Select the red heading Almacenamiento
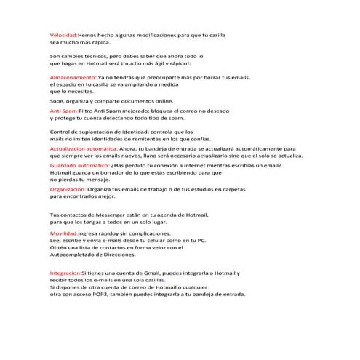(x=72, y=76)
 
